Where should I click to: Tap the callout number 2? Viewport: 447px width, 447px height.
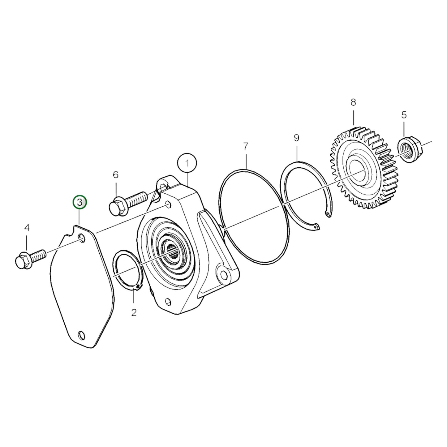point(134,312)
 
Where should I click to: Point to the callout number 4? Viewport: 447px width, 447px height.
point(27,228)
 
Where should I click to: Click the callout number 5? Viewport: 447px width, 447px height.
point(404,115)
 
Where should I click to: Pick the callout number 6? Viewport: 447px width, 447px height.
point(115,175)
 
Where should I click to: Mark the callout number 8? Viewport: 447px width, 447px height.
point(353,102)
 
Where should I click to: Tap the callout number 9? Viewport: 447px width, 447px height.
point(297,138)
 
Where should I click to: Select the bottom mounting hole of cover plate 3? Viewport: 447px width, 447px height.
point(81,334)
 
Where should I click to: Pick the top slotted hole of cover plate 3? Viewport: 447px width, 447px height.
point(82,237)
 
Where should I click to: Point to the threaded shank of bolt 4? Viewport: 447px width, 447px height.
point(38,256)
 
